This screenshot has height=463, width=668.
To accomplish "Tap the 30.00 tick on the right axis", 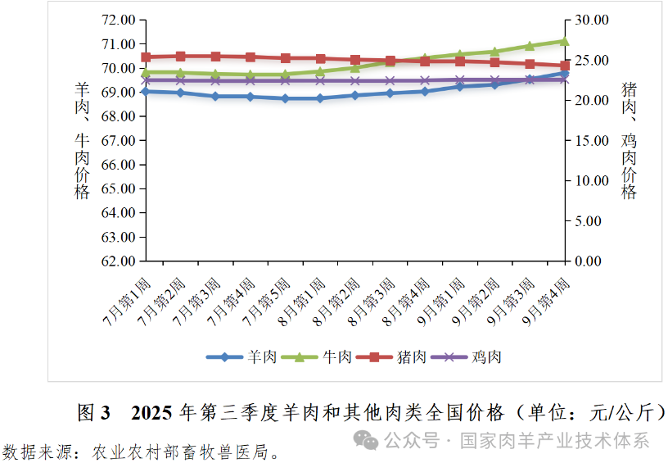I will coord(591,20).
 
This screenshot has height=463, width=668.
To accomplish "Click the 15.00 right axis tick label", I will coord(591,141).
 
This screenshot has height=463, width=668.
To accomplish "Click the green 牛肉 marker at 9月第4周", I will coord(564,41).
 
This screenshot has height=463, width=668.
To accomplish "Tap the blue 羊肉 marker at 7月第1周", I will coord(146,91).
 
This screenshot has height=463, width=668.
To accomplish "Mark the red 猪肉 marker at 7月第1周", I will coord(146,57).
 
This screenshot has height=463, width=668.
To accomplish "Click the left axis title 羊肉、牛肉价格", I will coord(82,140).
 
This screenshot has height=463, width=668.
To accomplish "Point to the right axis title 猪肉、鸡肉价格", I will coord(629,140).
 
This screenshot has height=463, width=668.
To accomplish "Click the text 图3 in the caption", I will coord(93,413).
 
